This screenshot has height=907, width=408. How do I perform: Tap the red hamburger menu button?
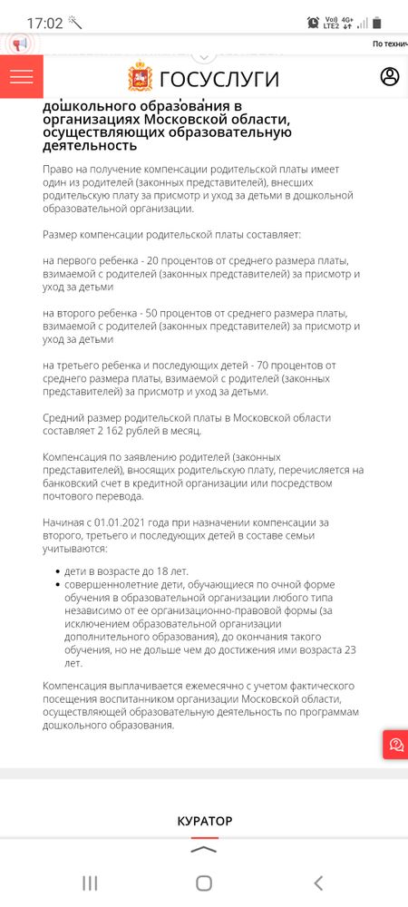pyautogui.click(x=21, y=77)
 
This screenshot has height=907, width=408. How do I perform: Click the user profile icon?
pyautogui.click(x=390, y=77)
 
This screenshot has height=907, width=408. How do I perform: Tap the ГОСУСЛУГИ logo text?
pyautogui.click(x=219, y=78)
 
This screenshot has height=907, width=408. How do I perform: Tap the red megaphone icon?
pyautogui.click(x=20, y=44)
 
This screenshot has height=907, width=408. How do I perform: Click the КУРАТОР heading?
pyautogui.click(x=204, y=821)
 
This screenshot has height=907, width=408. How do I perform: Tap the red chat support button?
pyautogui.click(x=396, y=745)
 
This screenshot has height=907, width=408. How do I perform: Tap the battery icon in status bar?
pyautogui.click(x=377, y=22)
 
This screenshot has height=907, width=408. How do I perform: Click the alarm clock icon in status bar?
pyautogui.click(x=313, y=22)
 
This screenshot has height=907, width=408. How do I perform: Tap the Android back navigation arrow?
pyautogui.click(x=318, y=883)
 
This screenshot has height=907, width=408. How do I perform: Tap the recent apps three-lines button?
pyautogui.click(x=90, y=883)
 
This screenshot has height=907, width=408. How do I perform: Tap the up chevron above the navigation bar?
pyautogui.click(x=204, y=850)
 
